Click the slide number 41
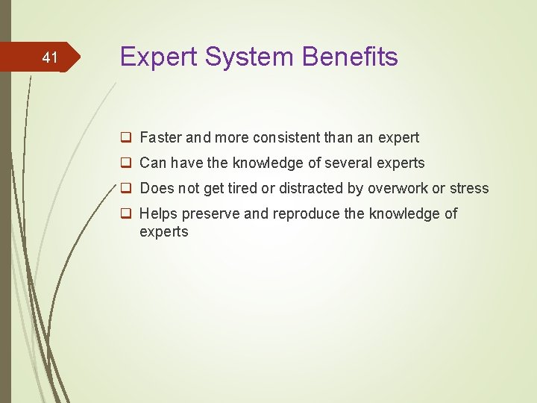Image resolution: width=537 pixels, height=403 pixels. coord(50,57)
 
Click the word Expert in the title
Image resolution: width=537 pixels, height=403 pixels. coord(157,57)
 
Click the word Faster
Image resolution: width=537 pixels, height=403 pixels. coord(161,137)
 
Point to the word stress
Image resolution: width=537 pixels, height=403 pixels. coord(469,188)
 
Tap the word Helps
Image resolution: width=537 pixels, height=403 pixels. coord(159,213)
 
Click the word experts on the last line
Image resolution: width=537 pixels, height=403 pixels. coord(164,231)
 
